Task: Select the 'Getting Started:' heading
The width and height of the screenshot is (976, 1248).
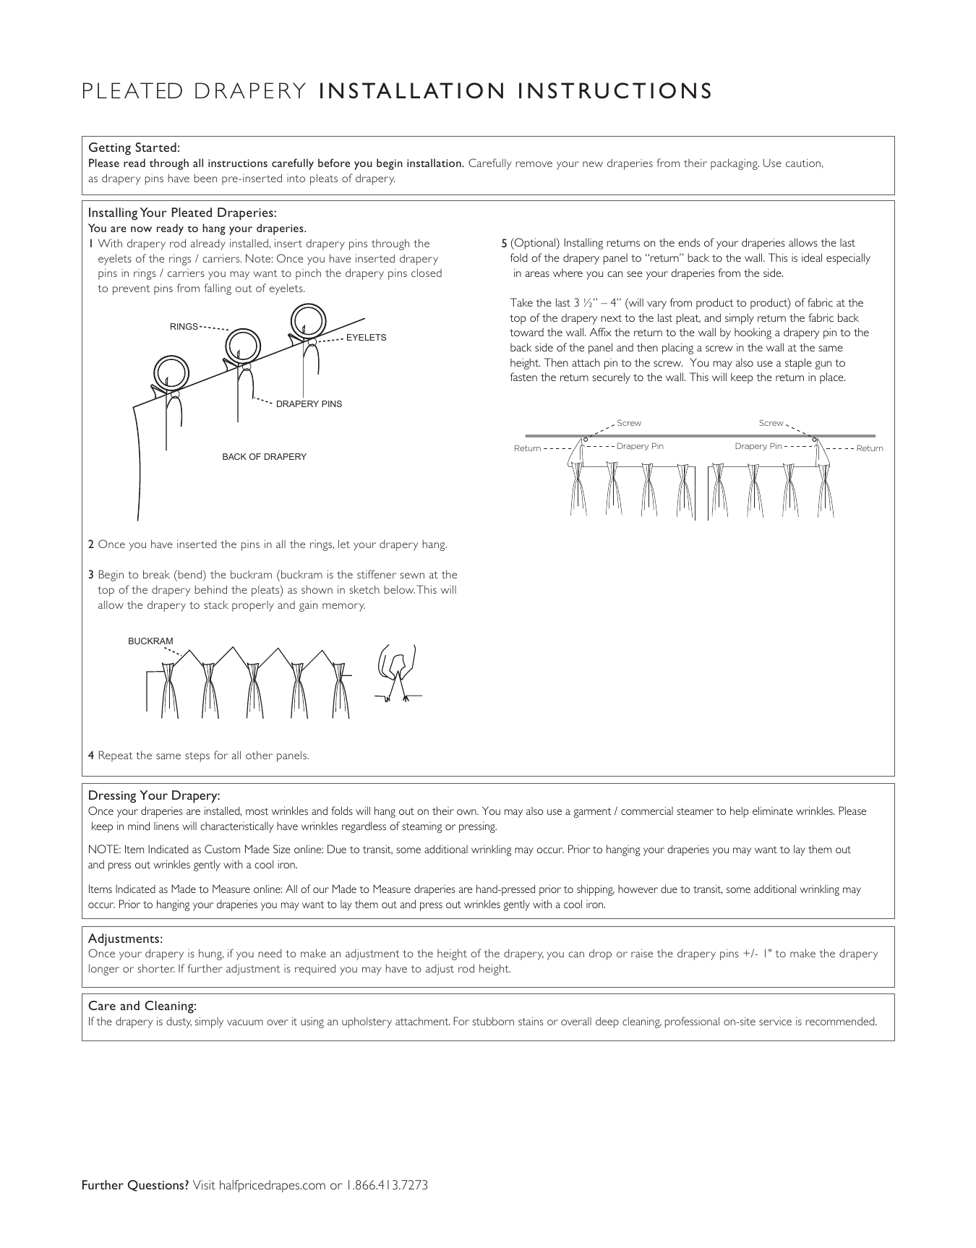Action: pos(134,148)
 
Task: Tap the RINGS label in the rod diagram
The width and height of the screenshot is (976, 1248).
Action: pos(184,327)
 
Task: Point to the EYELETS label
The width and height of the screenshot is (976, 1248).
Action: pos(367,338)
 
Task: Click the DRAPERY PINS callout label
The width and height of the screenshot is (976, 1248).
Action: pos(309,403)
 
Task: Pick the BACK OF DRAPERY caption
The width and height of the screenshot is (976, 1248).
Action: pos(264,457)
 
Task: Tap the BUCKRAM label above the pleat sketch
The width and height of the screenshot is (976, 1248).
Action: pos(150,641)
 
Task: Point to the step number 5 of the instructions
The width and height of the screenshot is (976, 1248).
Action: pos(505,243)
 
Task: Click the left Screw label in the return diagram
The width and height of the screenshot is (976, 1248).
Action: pos(628,423)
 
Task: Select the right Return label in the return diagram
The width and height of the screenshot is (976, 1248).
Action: pos(870,448)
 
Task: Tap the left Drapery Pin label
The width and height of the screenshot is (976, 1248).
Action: pos(640,446)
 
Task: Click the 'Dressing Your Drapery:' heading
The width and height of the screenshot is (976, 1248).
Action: pos(154,795)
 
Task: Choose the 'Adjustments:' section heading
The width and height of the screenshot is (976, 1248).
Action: pos(125,939)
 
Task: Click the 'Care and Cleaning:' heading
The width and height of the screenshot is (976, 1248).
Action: pos(142,1006)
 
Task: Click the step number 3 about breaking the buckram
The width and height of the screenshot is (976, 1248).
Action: pos(91,575)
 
